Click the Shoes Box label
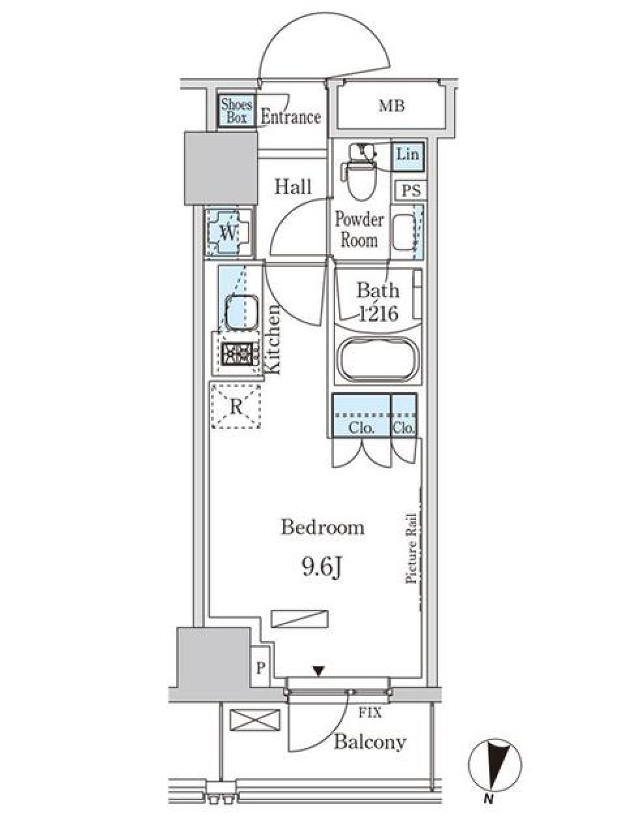[236, 111]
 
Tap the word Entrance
[291, 117]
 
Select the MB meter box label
[392, 106]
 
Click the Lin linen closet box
[408, 155]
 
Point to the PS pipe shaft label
[411, 191]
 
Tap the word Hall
[293, 187]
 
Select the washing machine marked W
[227, 232]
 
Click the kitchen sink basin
[242, 311]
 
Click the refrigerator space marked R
[236, 407]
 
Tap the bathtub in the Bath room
[377, 360]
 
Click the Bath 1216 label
[378, 301]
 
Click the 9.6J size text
[322, 568]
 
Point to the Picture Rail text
[411, 549]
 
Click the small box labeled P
[260, 668]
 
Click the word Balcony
[370, 741]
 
